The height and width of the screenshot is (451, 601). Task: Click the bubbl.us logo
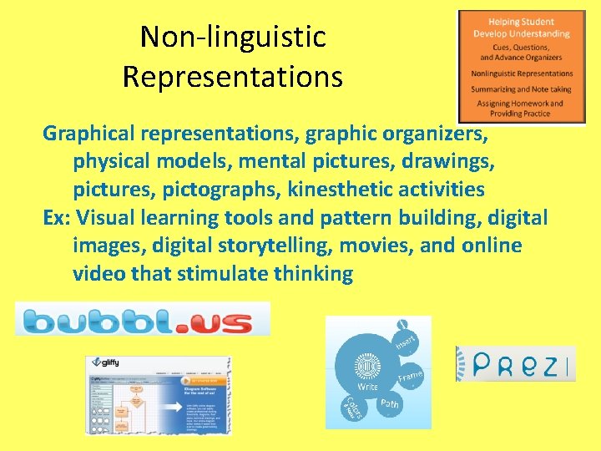(x=142, y=319)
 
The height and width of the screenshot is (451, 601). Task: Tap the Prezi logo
(x=515, y=364)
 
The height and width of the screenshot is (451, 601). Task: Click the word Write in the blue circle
(x=367, y=387)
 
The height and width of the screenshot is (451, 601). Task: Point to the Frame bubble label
(x=411, y=377)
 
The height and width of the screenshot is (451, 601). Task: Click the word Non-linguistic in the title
(x=232, y=37)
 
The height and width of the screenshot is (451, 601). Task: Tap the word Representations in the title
(x=232, y=77)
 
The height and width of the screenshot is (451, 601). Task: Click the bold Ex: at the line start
(x=58, y=218)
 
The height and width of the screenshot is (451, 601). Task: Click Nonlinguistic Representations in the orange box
(x=522, y=73)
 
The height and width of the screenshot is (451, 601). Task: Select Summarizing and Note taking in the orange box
(x=522, y=89)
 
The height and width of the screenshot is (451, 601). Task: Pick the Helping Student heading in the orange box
(x=522, y=21)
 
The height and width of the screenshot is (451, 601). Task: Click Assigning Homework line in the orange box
(x=522, y=104)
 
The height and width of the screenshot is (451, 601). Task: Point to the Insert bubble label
(x=406, y=341)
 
